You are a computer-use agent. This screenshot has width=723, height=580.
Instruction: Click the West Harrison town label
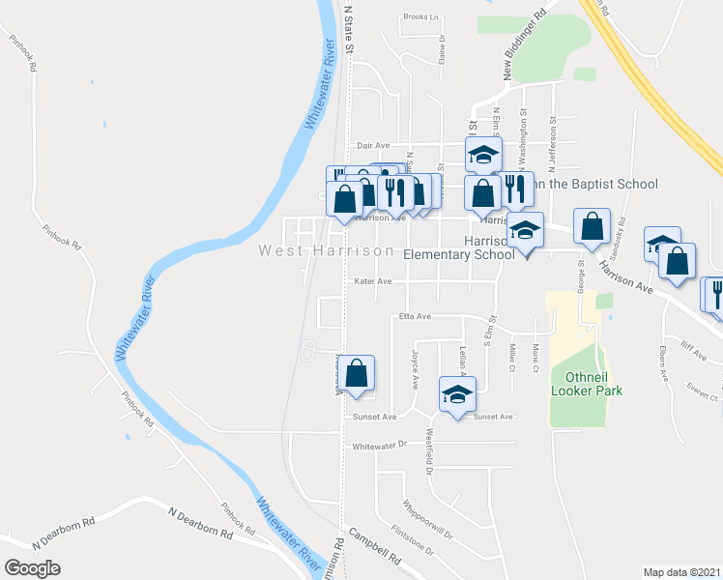pyautogui.click(x=326, y=251)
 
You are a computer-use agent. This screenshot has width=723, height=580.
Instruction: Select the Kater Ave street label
pyautogui.click(x=372, y=282)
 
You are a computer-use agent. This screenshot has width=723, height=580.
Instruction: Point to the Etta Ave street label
pyautogui.click(x=415, y=316)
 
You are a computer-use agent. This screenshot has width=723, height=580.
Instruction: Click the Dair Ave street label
pyautogui.click(x=372, y=145)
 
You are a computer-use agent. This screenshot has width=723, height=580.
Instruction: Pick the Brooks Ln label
pyautogui.click(x=420, y=16)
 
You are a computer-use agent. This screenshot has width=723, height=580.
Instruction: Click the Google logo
pyautogui.click(x=32, y=567)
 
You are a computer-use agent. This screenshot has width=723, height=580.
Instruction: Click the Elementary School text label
pyautogui.click(x=458, y=255)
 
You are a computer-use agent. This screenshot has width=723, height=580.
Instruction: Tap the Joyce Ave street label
pyautogui.click(x=415, y=368)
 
